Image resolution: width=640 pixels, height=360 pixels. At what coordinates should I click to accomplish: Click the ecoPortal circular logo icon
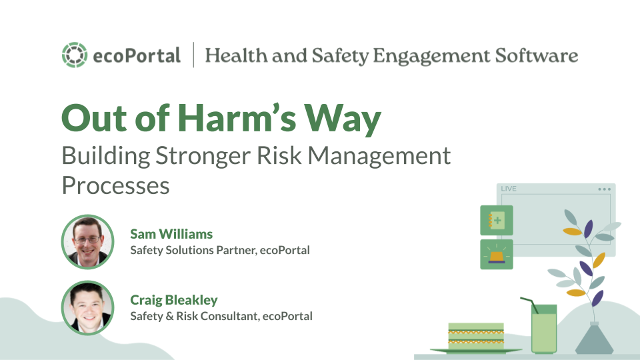(73, 55)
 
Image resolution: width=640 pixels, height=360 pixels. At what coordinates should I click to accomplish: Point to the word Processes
(115, 185)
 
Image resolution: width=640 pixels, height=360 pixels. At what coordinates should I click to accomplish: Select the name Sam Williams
(171, 234)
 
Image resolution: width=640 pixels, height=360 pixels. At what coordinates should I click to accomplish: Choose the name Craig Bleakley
(173, 300)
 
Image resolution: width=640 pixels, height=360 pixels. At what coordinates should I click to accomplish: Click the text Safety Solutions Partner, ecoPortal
(220, 250)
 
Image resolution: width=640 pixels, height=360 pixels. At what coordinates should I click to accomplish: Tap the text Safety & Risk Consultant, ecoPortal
(221, 316)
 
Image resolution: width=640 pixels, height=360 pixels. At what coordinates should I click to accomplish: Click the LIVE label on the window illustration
(509, 189)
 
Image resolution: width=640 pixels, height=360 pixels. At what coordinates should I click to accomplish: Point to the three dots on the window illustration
(603, 189)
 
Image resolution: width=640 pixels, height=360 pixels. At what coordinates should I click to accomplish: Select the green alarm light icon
(497, 255)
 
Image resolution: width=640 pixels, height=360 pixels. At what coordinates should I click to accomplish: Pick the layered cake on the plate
(476, 337)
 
